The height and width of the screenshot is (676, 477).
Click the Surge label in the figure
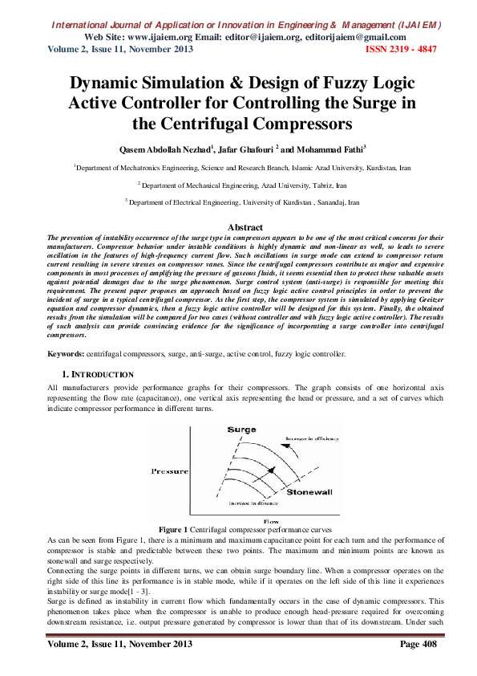(x=241, y=430)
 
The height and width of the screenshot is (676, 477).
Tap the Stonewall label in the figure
(x=305, y=490)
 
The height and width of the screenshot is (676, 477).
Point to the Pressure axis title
(x=168, y=471)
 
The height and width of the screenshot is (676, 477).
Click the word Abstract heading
(x=238, y=228)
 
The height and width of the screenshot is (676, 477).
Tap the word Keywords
(x=65, y=353)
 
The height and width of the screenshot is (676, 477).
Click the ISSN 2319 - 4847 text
(x=401, y=49)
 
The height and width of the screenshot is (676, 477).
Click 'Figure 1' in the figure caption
(x=173, y=530)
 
